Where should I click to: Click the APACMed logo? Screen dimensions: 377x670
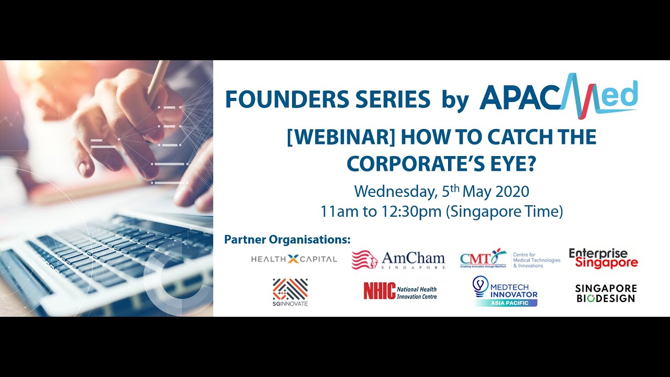[558, 95]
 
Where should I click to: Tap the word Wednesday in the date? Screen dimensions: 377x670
[394, 191]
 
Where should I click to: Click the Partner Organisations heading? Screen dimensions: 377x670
[287, 240]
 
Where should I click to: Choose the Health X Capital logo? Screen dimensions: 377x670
[294, 259]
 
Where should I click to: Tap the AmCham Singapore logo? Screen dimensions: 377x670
[398, 259]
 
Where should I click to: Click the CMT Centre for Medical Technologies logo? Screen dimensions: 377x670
[509, 258]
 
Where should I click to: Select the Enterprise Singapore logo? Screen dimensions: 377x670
[603, 258]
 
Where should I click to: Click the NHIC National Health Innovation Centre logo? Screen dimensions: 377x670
[400, 291]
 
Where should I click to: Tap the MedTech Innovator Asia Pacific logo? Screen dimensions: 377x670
[505, 291]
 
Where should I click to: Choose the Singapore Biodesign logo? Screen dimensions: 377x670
[606, 293]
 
